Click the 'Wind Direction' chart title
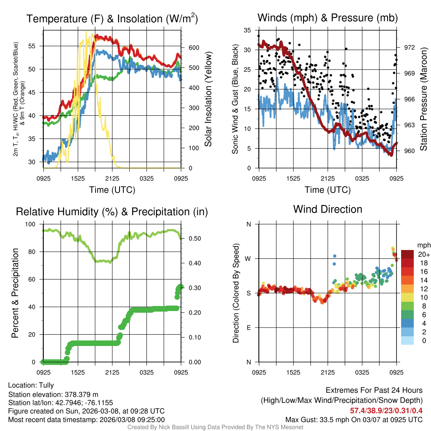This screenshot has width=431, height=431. coord(327,209)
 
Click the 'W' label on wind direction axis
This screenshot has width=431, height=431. coord(248,258)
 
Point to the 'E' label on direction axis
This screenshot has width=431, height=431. coord(249,327)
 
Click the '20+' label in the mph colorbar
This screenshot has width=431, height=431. coord(423,254)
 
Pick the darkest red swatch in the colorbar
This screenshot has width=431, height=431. coord(407,254)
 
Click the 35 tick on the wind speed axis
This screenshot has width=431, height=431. coord(248,30)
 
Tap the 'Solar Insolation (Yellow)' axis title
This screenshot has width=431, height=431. coord(208,99)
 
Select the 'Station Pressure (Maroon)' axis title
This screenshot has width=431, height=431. coord(423,99)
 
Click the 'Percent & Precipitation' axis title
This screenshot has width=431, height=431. coord(16,293)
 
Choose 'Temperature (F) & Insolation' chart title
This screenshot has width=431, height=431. coord(112,19)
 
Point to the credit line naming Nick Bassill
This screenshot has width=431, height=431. coord(215,427)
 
